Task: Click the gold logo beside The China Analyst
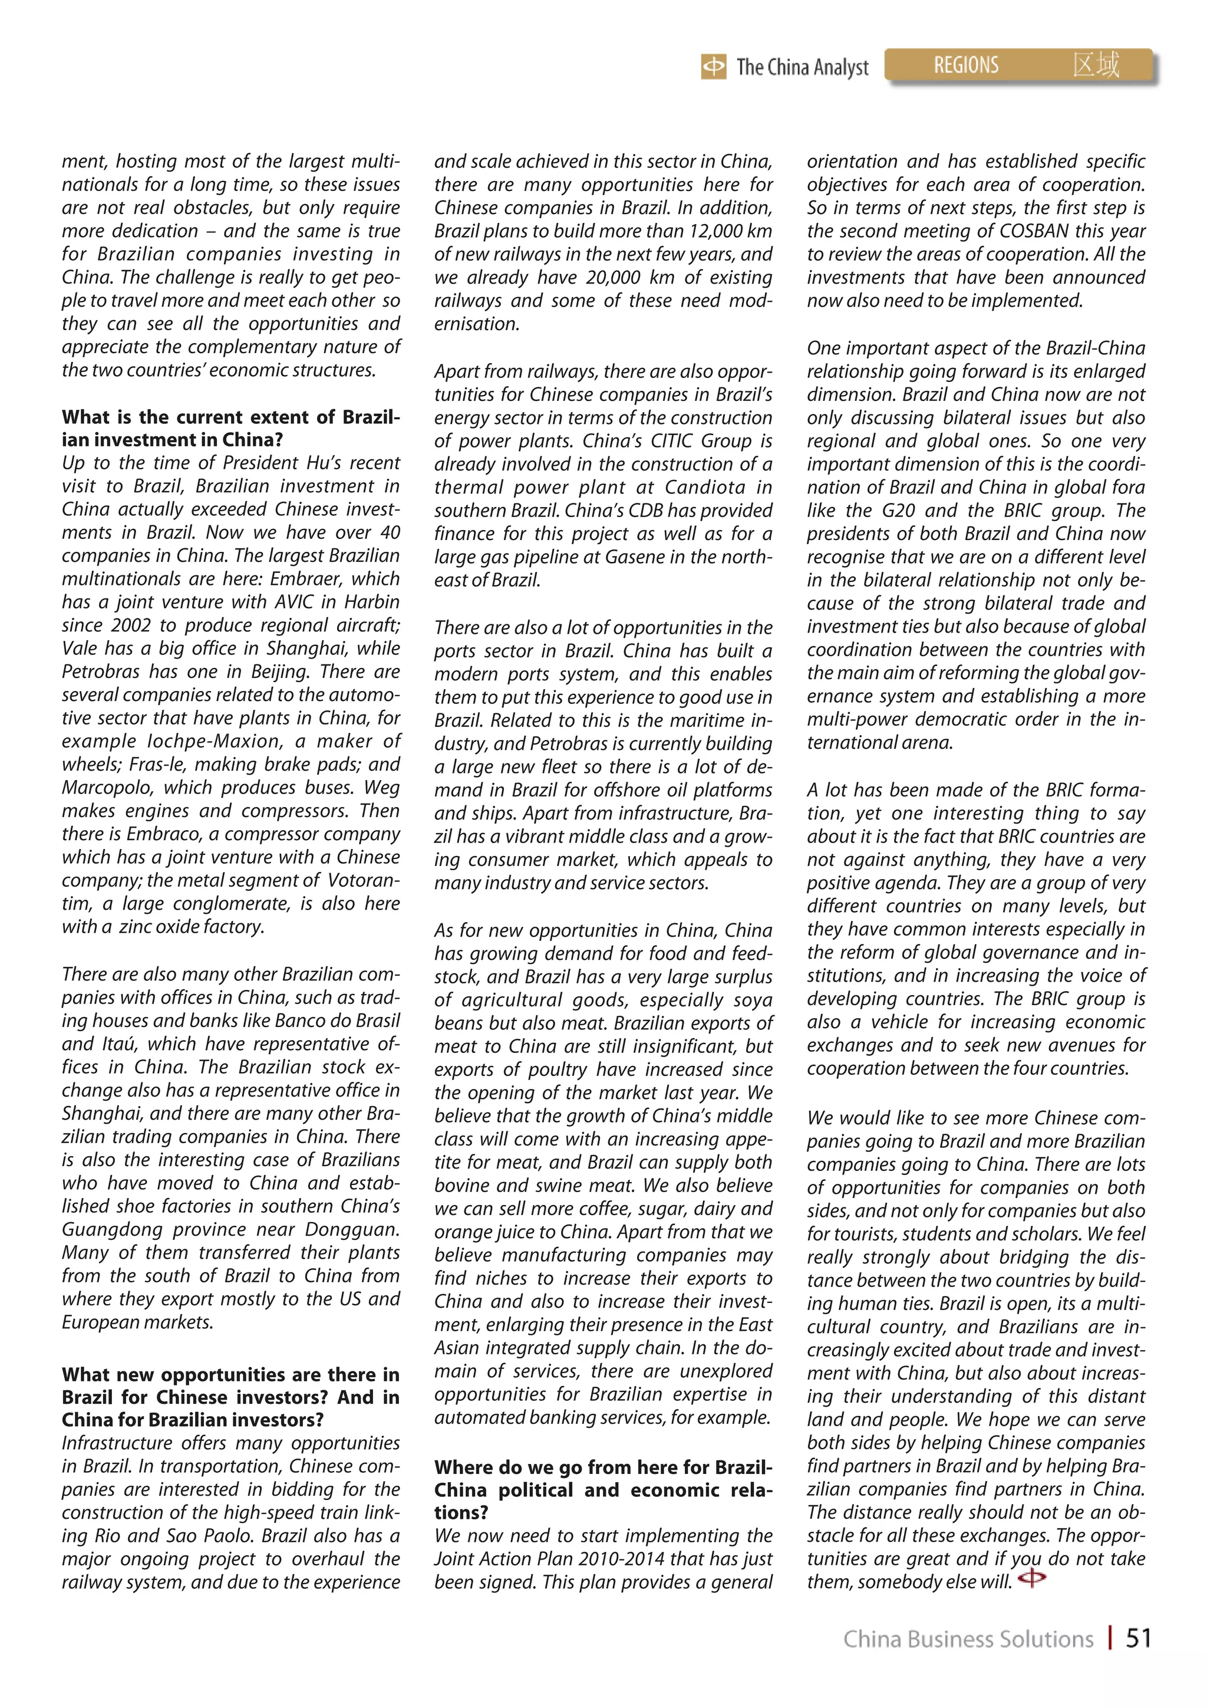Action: coord(713,68)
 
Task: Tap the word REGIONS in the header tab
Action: coord(965,65)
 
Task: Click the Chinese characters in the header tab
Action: coord(1096,65)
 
